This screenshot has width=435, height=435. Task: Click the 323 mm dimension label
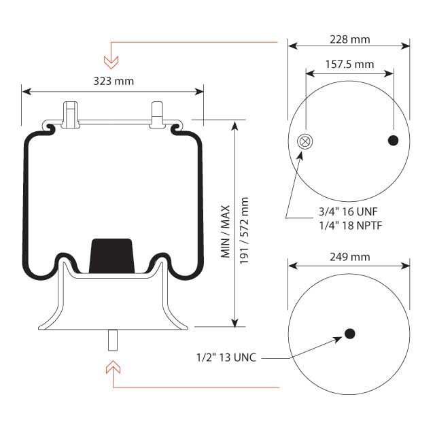(x=113, y=81)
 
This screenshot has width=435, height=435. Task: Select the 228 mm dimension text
(x=349, y=39)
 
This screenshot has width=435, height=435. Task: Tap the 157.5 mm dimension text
(x=349, y=65)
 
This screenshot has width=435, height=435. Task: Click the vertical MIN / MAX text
(x=226, y=231)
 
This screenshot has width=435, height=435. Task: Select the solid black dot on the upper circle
(x=393, y=141)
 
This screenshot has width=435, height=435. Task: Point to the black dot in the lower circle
(x=349, y=333)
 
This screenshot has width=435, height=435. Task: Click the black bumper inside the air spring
(x=113, y=255)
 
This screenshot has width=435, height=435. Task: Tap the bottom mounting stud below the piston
(x=113, y=339)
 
